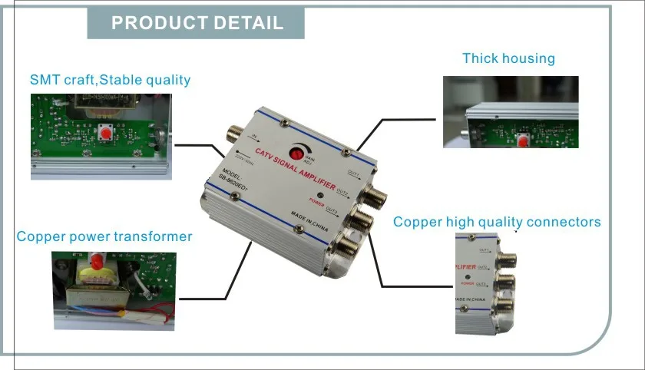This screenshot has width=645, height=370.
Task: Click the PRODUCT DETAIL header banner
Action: pos(197,23)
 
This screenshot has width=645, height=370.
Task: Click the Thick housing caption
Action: pos(508,58)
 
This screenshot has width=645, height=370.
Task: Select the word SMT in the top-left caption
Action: pos(45,80)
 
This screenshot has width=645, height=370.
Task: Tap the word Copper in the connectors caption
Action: pos(418,222)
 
